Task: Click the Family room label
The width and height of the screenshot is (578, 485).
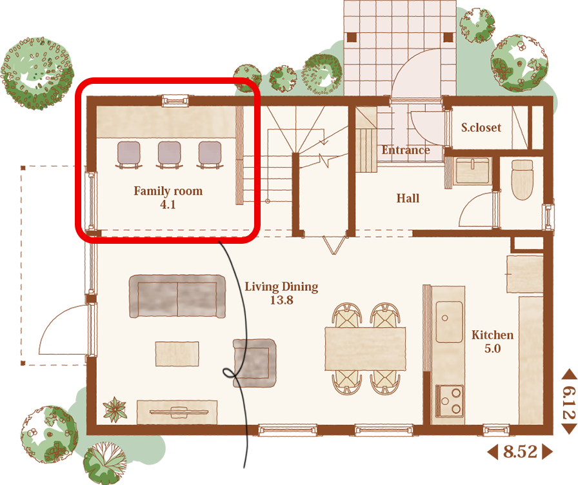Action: pos(168,191)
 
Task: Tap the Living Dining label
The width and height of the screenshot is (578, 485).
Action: pos(281,287)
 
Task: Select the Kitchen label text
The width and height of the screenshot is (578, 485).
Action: pos(492,335)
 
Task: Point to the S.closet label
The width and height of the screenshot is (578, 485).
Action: pos(481,128)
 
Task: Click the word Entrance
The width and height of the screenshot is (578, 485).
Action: pos(406,150)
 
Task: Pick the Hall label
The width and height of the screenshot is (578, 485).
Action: pos(408,198)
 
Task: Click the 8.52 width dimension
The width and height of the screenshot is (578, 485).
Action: pos(520,452)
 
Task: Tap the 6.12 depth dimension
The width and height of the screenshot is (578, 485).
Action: pos(569,403)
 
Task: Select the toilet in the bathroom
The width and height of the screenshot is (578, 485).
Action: pos(523,180)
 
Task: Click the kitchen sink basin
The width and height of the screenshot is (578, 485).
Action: pos(450,322)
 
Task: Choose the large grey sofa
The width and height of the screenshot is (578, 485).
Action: pos(177,296)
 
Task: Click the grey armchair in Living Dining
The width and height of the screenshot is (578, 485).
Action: pos(255,363)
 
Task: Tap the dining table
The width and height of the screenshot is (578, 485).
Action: pos(365,349)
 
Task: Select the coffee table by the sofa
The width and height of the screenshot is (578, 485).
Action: pos(177,354)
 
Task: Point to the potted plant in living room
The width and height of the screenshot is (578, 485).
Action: pos(115,410)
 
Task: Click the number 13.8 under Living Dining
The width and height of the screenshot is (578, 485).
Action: pos(282,301)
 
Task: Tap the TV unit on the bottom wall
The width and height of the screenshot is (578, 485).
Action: pos(177,412)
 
